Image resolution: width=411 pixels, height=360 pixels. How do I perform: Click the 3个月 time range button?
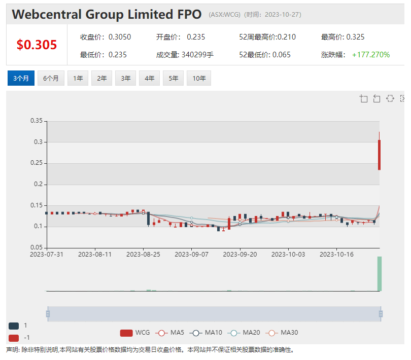21,78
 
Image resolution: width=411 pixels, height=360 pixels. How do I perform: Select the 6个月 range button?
51,78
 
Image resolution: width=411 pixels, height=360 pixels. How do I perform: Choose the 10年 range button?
199,78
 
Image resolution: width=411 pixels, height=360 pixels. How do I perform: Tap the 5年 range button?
173,78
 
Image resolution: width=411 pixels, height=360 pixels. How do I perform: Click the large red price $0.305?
37,45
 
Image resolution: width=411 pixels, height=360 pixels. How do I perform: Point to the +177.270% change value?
371,54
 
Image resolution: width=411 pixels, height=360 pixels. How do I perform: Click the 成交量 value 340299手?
197,54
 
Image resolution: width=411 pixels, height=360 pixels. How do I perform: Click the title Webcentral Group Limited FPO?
107,14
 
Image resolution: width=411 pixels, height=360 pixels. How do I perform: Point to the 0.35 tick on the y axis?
37,121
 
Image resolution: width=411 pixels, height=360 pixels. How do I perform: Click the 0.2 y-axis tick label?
39,184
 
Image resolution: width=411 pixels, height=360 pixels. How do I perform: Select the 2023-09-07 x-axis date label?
192,254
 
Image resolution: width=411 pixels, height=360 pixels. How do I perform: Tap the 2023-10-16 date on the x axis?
336,254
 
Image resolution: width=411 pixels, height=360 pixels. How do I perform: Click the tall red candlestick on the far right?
379,155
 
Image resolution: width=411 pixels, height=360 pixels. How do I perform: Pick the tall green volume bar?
379,274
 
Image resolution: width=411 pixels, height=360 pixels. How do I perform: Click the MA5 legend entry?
170,333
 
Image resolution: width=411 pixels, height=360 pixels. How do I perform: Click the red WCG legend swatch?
126,333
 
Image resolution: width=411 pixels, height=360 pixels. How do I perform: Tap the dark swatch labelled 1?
14,326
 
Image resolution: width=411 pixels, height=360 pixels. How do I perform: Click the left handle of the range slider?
48,314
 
